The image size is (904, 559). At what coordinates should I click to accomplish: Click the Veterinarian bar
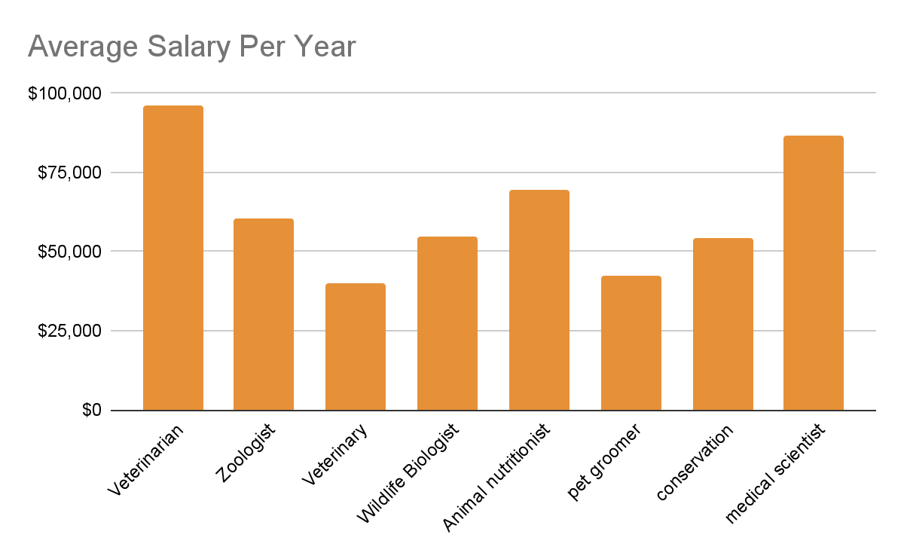[x=173, y=258]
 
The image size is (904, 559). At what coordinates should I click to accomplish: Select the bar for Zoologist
[x=263, y=314]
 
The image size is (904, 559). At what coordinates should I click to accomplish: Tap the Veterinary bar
[x=355, y=347]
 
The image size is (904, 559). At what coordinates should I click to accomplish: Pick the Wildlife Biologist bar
[x=447, y=323]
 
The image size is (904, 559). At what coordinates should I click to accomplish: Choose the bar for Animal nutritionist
[x=539, y=300]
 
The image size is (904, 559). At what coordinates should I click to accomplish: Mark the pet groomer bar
[x=631, y=343]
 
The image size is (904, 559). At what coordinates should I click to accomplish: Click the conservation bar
[x=722, y=324]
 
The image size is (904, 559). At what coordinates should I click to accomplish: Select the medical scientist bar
[x=813, y=273]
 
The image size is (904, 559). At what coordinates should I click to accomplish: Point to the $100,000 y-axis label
[x=63, y=93]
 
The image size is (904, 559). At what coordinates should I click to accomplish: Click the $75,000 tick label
[x=68, y=173]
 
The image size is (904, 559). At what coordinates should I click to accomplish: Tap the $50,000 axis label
[x=68, y=252]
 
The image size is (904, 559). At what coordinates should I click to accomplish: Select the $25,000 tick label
[x=68, y=331]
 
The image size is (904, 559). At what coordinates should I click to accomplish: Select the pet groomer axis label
[x=604, y=463]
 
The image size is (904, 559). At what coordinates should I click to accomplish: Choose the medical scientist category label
[x=775, y=474]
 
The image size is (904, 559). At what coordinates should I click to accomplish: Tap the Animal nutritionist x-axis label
[x=496, y=478]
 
